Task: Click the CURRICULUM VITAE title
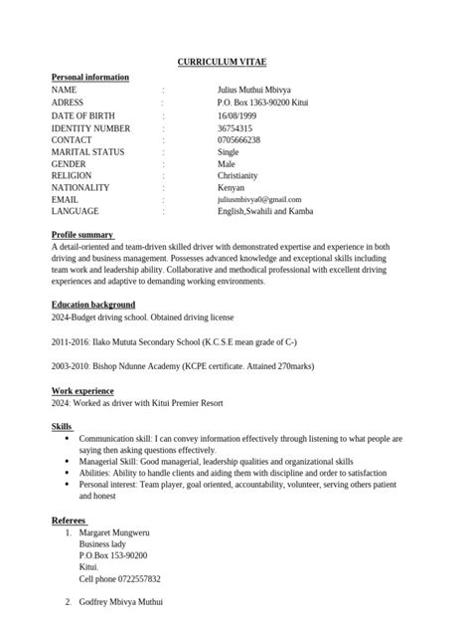point(235,62)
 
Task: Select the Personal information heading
point(89,77)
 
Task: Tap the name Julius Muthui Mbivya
point(255,90)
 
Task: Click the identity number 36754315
point(235,128)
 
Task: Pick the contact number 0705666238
point(238,140)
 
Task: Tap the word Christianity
point(242,175)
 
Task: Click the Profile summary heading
point(82,235)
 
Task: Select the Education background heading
point(93,305)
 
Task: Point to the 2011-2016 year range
point(71,341)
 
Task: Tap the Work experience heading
point(82,391)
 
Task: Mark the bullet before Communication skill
point(67,438)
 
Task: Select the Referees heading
point(75,521)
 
